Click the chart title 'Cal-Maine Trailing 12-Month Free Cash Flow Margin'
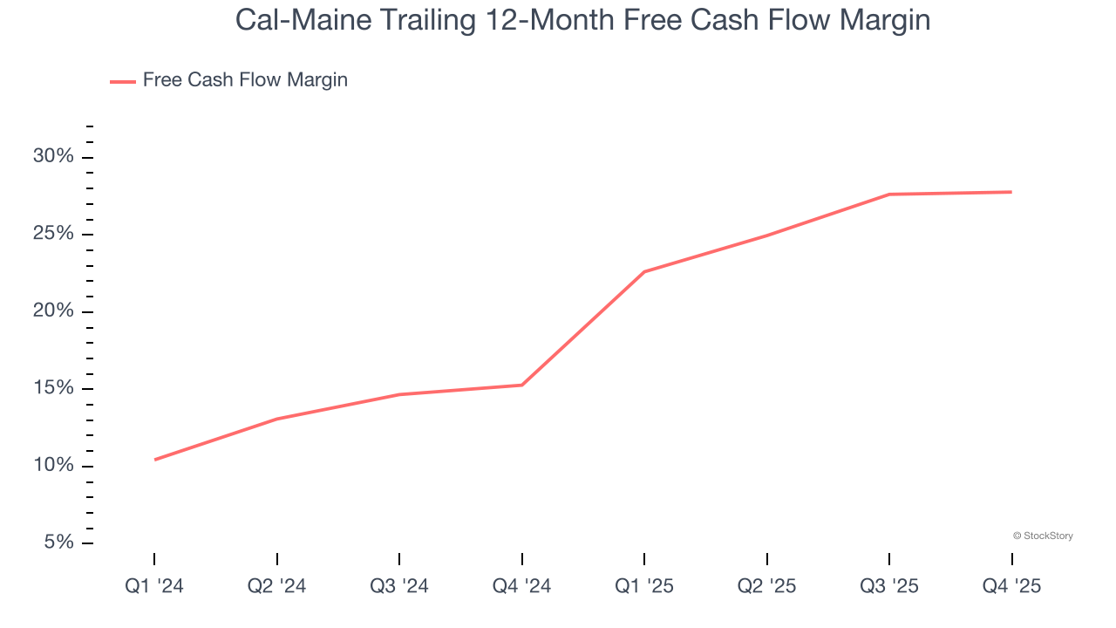(x=582, y=21)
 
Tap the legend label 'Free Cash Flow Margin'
(x=245, y=80)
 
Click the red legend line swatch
(x=122, y=81)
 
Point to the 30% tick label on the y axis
(x=53, y=157)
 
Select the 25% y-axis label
(x=53, y=235)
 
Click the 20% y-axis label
(x=53, y=311)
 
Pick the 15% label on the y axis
(x=53, y=389)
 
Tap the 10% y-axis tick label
(x=53, y=466)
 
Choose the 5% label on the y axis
(x=58, y=543)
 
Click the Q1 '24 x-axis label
(x=154, y=586)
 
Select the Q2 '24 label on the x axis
(x=277, y=586)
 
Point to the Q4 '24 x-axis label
(x=522, y=586)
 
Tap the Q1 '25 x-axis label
(x=644, y=586)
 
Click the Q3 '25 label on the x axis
(x=889, y=586)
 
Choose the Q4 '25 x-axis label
(x=1011, y=586)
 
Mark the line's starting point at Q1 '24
(x=155, y=460)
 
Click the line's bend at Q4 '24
(x=522, y=385)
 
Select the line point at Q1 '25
(x=644, y=272)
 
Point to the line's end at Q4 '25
(x=1011, y=192)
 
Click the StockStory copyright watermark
(x=1043, y=536)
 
